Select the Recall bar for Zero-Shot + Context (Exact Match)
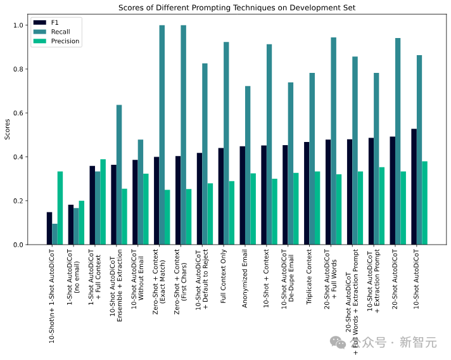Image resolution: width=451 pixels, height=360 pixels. pyautogui.click(x=162, y=135)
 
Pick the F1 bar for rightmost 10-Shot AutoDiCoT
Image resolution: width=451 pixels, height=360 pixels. pyautogui.click(x=414, y=187)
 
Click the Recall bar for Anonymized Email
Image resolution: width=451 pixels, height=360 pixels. pyautogui.click(x=248, y=165)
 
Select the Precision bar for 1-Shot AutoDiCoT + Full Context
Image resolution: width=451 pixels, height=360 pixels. pyautogui.click(x=103, y=202)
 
